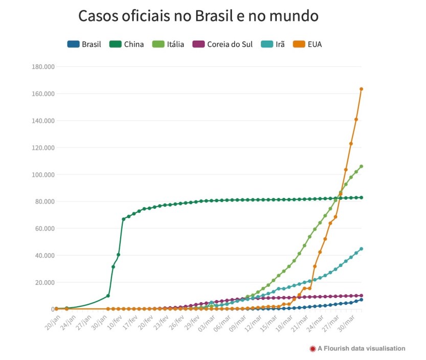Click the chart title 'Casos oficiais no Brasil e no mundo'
198,16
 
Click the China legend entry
128,44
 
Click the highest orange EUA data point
361,89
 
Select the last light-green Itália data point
361,166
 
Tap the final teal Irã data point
361,249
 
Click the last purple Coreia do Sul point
361,296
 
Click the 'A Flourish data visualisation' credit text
361,349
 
